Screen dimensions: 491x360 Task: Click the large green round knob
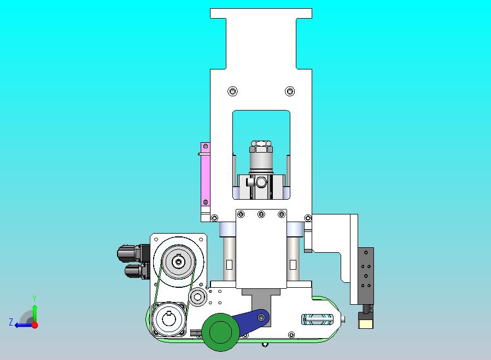tap(220, 332)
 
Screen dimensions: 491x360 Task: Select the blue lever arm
tap(250, 322)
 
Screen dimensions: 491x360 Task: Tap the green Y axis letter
tap(34, 298)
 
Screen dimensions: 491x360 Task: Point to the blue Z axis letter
tap(11, 322)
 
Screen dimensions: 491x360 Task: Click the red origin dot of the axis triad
tap(35, 325)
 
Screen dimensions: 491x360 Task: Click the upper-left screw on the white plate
tap(232, 91)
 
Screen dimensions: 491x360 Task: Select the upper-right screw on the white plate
tap(290, 91)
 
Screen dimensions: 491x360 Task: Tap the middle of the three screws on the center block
tap(261, 214)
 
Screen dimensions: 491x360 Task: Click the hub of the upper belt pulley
tap(178, 262)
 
